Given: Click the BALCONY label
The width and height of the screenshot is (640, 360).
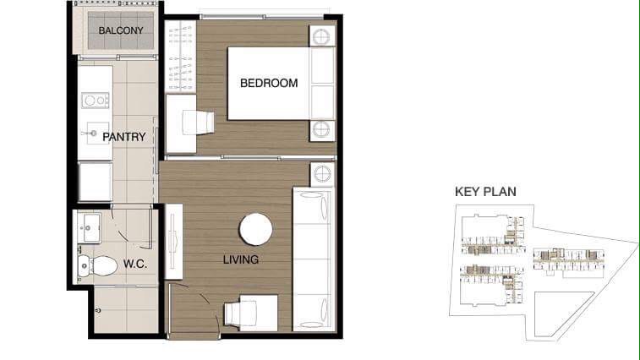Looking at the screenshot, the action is pos(121,30).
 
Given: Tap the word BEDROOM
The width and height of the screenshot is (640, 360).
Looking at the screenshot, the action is pos(269,84).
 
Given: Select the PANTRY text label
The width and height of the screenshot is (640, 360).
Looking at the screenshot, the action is pos(124,137).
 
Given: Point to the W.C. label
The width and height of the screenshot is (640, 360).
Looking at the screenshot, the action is pos(135,264).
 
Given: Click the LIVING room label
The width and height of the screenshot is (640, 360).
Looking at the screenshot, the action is pos(241,259).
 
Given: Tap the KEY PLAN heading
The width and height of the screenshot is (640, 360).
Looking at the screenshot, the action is pos(486,192).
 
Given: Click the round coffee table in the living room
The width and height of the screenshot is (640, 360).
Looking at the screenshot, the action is pos(256,229).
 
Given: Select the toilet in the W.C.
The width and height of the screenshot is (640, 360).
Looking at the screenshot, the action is pos(97,265).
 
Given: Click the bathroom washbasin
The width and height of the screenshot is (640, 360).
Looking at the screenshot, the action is pos(90,228).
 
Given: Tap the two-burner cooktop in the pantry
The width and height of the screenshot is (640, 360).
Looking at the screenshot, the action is pos(96,101).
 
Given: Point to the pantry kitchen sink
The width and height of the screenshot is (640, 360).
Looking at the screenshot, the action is pos(96,133).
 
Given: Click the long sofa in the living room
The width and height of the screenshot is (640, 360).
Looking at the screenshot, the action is pos(312,259).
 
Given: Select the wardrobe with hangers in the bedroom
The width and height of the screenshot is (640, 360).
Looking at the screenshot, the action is pos(180,57).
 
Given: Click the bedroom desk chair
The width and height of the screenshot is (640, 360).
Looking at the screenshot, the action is pos(199,122).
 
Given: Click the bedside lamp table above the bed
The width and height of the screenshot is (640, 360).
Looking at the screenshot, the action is pos(321,37).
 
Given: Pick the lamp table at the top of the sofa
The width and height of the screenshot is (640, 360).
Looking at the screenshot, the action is pos(322,174).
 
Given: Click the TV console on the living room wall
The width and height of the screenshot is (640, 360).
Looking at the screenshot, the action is pos(173,242).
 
